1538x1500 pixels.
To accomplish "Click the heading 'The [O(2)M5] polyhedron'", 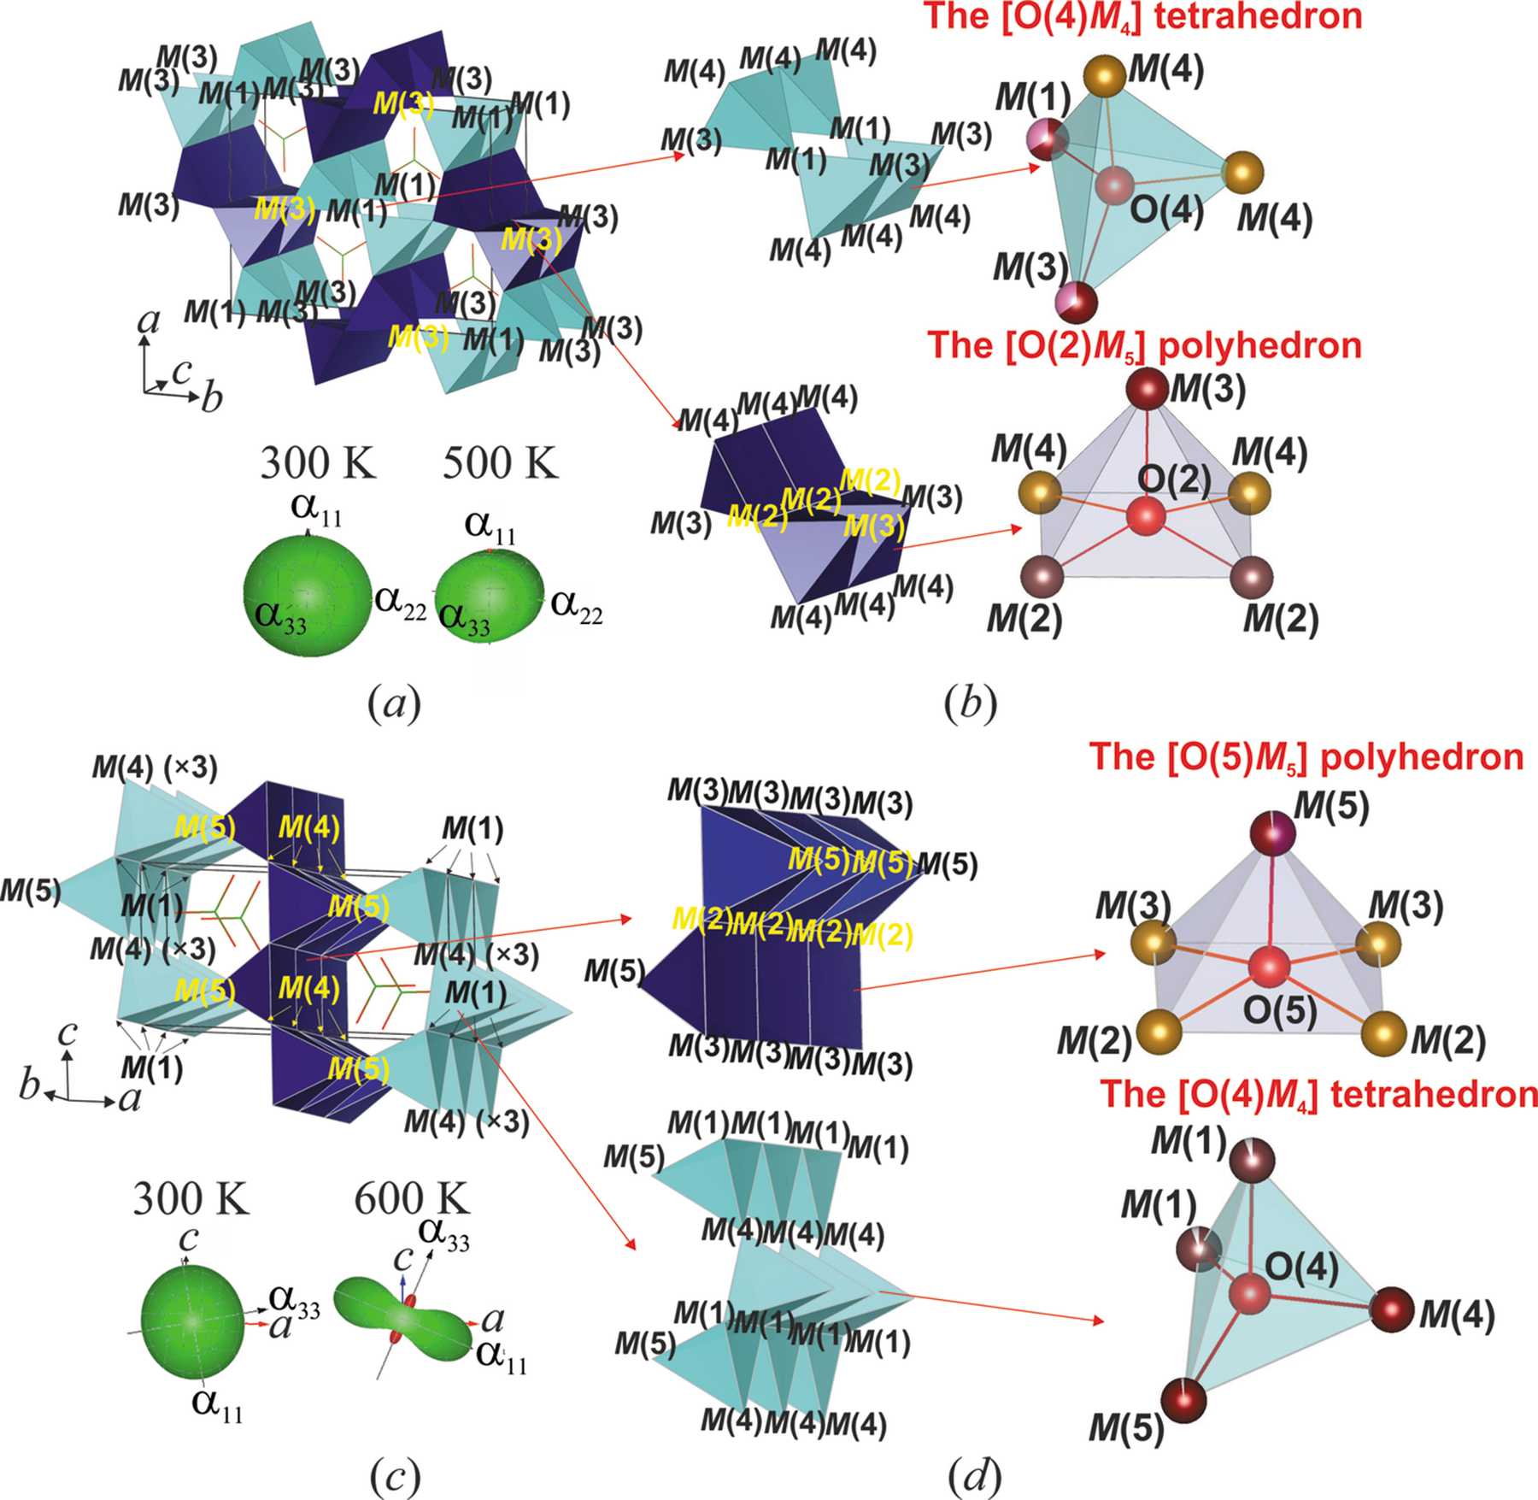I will pyautogui.click(x=1145, y=344).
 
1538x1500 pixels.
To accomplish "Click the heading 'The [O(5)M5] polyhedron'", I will pyautogui.click(x=1306, y=757).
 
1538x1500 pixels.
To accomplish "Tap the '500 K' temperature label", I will pyautogui.click(x=500, y=463).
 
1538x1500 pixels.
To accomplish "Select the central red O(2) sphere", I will pyautogui.click(x=1146, y=517).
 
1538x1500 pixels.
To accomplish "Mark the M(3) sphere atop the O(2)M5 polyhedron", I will pyautogui.click(x=1146, y=390).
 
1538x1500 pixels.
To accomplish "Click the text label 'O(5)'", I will pyautogui.click(x=1279, y=1010).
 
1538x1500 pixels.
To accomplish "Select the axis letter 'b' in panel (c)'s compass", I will pyautogui.click(x=30, y=1085).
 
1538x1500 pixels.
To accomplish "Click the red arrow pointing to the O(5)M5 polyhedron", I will pyautogui.click(x=983, y=970).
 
